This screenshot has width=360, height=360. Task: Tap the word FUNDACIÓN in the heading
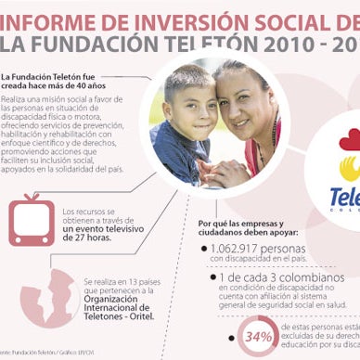pyautogui.click(x=113, y=42)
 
